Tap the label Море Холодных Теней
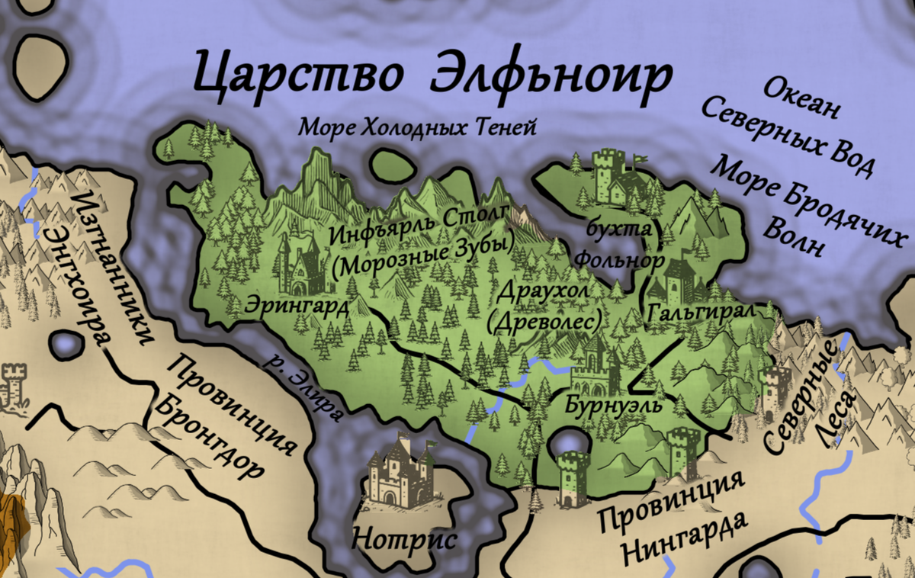coord(417,127)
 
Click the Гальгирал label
coord(700,313)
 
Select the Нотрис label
coord(403,540)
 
